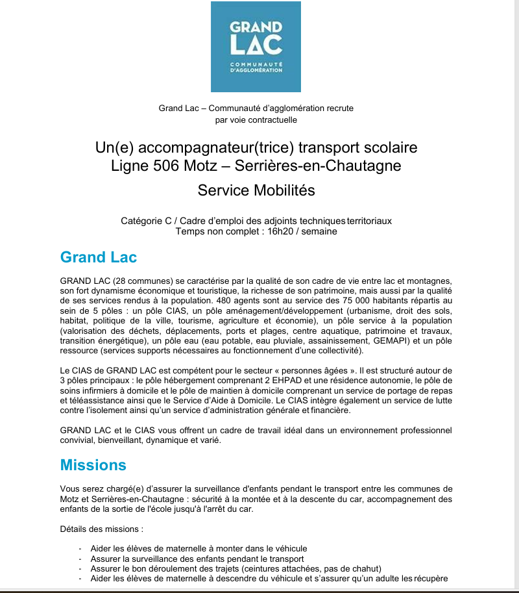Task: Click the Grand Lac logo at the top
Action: (256, 47)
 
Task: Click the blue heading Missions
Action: (93, 465)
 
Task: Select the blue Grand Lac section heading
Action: (98, 257)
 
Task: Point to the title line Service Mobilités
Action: (256, 190)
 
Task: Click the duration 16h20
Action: (282, 231)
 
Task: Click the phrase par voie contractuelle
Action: (256, 120)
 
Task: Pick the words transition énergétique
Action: (103, 340)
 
